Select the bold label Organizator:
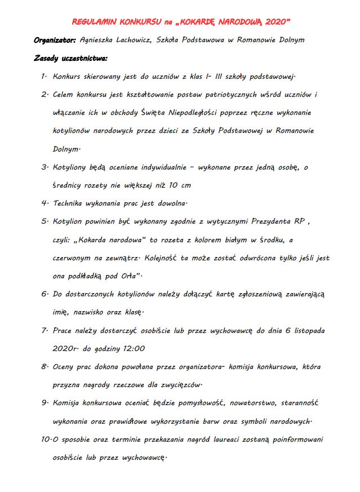(x=55, y=40)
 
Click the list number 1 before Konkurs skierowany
(x=43, y=76)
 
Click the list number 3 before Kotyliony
(x=43, y=167)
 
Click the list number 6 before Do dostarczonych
(x=43, y=294)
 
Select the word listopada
(x=308, y=331)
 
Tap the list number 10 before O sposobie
(x=45, y=440)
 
